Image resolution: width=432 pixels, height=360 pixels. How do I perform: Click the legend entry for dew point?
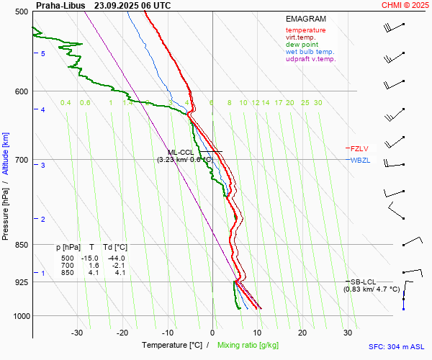302,45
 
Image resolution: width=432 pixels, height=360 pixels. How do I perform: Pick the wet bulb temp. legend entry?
310,52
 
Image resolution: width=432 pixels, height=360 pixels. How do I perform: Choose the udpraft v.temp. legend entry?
310,59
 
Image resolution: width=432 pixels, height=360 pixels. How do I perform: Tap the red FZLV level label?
359,148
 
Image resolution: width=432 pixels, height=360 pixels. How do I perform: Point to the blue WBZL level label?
360,160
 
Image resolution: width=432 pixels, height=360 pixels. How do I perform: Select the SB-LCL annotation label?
364,282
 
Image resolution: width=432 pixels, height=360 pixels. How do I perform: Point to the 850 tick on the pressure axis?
21,246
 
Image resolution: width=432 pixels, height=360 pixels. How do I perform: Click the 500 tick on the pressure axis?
21,12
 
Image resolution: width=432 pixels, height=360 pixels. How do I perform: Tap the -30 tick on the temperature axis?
77,333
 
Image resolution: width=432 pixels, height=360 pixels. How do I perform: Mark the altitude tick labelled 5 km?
43,54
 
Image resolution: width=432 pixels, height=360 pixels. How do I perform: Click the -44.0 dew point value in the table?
116,258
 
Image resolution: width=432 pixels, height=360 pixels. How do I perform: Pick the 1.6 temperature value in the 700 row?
94,266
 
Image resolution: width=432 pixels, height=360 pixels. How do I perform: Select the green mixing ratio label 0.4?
66,103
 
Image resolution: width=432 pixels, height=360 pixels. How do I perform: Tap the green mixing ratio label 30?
318,103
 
